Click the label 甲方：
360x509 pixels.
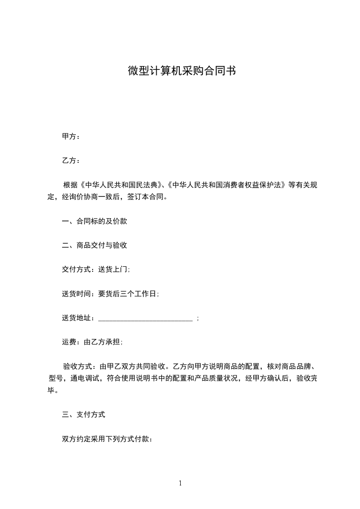pyautogui.click(x=71, y=137)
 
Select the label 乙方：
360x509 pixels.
pyautogui.click(x=71, y=161)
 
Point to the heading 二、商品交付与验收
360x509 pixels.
pyautogui.click(x=94, y=245)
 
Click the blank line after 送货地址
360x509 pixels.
pyautogui.click(x=146, y=318)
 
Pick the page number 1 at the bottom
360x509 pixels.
pyautogui.click(x=180, y=483)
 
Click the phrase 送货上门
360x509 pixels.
pyautogui.click(x=113, y=269)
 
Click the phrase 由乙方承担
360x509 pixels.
pyautogui.click(x=103, y=343)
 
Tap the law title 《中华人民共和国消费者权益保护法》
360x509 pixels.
pyautogui.click(x=227, y=185)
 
